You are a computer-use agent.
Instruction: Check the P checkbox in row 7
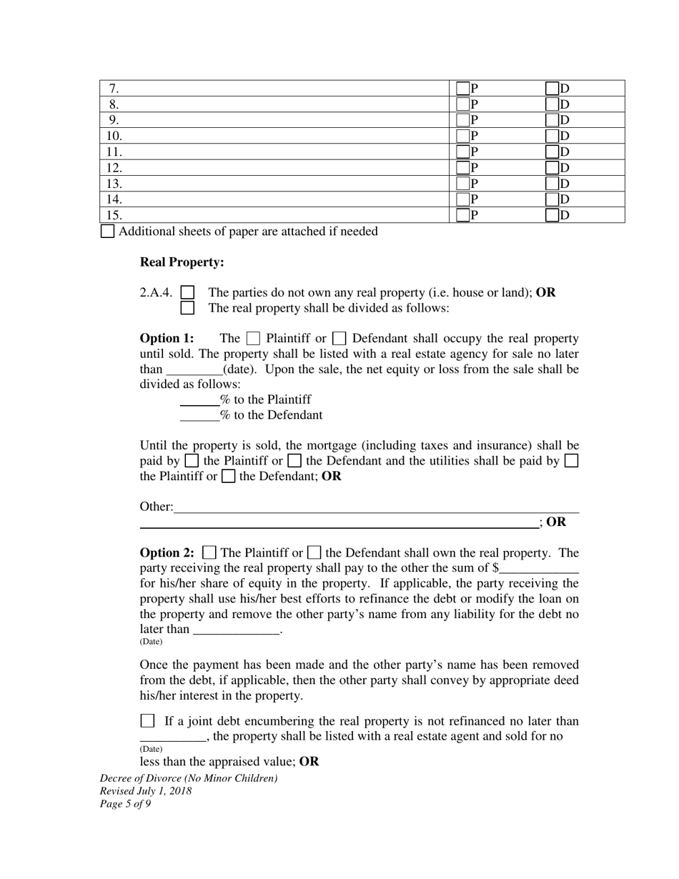coord(463,89)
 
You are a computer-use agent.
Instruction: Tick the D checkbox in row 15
coord(552,215)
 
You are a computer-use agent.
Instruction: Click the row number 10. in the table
coord(114,136)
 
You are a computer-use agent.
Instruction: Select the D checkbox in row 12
coord(552,168)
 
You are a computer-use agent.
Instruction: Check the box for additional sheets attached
coord(107,232)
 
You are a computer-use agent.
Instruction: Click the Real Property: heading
coord(182,262)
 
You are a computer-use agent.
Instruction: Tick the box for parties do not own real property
coord(187,292)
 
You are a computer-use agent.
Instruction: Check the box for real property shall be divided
coord(187,308)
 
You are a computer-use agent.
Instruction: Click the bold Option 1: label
coord(167,339)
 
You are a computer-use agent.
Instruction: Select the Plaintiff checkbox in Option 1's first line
coord(253,339)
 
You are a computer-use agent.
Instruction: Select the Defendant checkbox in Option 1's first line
coord(340,339)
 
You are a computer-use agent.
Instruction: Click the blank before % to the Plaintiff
coord(199,400)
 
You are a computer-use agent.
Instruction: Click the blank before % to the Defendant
coord(199,416)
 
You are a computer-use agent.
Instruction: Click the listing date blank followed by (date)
coord(194,370)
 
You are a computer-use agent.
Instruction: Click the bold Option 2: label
coord(167,553)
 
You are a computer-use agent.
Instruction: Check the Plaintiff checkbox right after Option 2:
coord(209,553)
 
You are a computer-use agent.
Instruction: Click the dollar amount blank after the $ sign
coord(539,569)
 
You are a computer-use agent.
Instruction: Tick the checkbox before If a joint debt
coord(147,721)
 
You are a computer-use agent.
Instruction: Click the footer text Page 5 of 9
coord(125,804)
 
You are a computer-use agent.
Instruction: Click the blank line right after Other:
coord(376,507)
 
